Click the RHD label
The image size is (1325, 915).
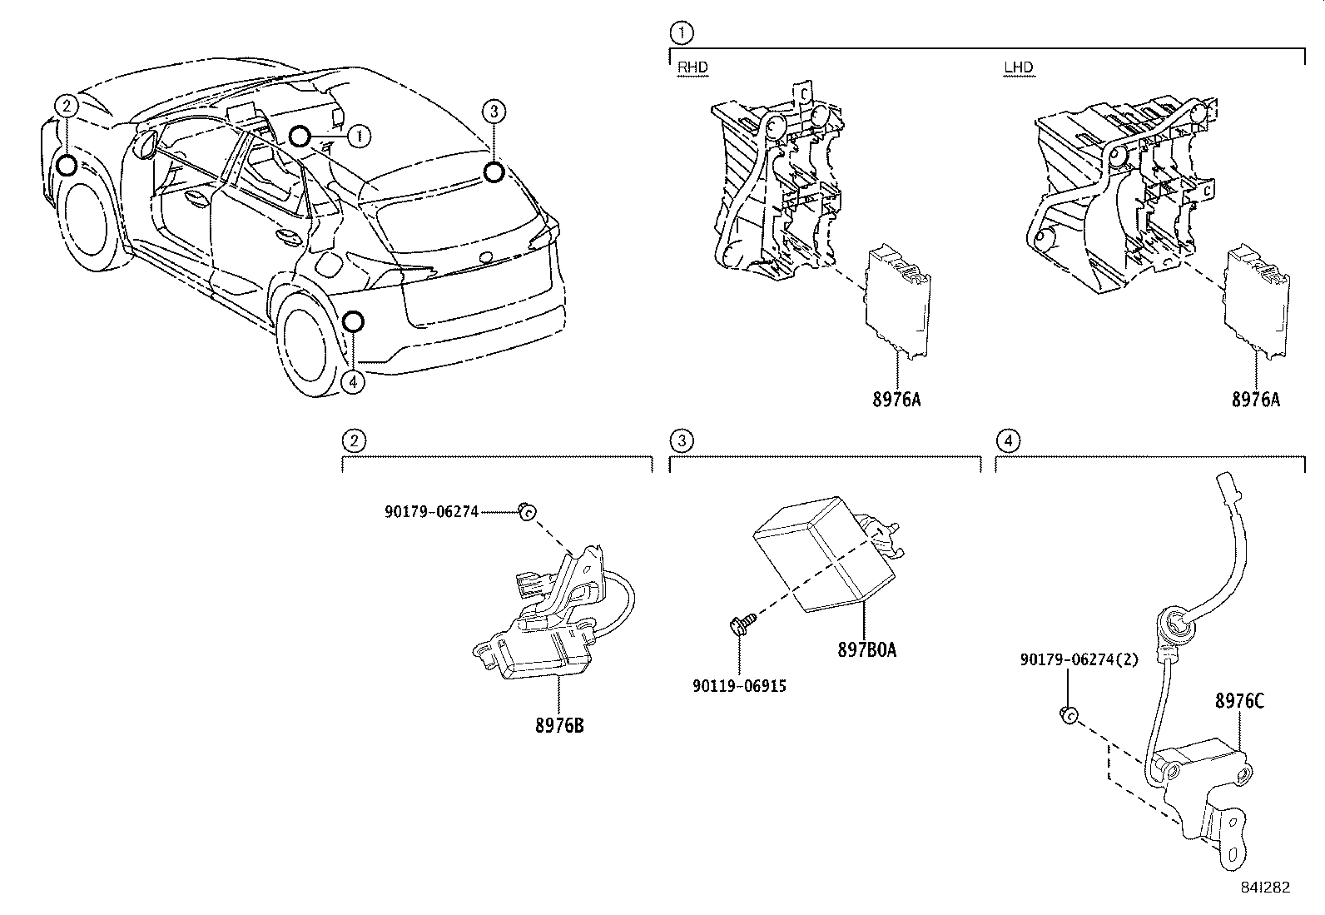692,68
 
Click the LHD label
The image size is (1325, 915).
1018,68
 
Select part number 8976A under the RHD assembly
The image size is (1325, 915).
896,400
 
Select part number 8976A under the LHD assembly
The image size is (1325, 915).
1256,400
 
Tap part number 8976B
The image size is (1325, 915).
559,725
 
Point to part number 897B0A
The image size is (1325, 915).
866,650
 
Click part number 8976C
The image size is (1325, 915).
1239,701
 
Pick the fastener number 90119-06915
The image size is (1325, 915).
739,686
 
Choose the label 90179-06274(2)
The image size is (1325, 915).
1079,659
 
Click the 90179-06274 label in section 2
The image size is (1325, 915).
431,512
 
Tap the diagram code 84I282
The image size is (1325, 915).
1264,887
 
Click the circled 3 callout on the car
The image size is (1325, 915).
494,111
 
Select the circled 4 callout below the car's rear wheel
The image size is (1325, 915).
353,381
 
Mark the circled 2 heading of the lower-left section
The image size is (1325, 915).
354,440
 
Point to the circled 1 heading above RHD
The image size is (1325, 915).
681,33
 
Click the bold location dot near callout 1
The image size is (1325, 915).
300,136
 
